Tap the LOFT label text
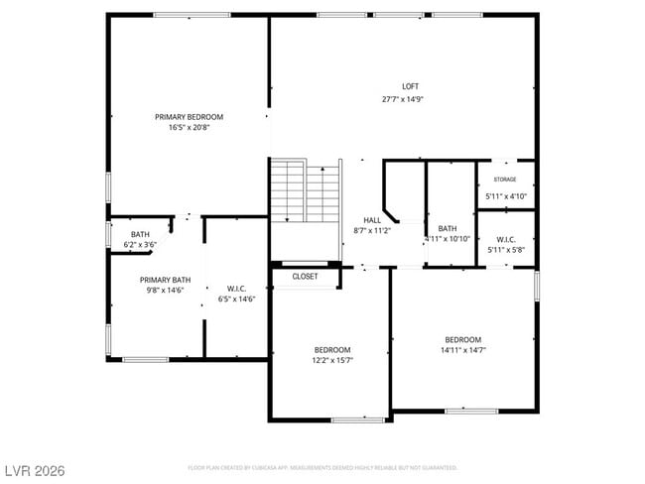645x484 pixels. tap(410, 86)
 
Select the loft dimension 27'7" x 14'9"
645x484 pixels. tap(410, 99)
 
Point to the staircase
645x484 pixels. tap(306, 191)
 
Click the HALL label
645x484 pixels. tap(372, 220)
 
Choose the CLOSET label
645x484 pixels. tap(306, 277)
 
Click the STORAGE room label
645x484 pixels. tap(505, 180)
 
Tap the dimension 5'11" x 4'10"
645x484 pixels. tap(505, 196)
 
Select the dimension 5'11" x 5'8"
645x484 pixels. tap(505, 250)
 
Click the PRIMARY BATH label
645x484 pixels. tap(165, 280)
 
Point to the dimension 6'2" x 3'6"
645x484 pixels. tap(140, 244)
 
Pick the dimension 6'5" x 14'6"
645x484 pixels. tap(236, 299)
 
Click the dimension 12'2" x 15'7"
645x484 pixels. tap(332, 361)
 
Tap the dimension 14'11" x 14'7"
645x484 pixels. tap(462, 350)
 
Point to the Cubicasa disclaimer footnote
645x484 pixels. tap(322, 467)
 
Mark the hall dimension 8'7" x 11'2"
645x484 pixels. tap(372, 230)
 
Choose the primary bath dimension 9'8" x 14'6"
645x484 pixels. tap(165, 291)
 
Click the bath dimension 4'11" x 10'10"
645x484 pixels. tap(447, 239)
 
